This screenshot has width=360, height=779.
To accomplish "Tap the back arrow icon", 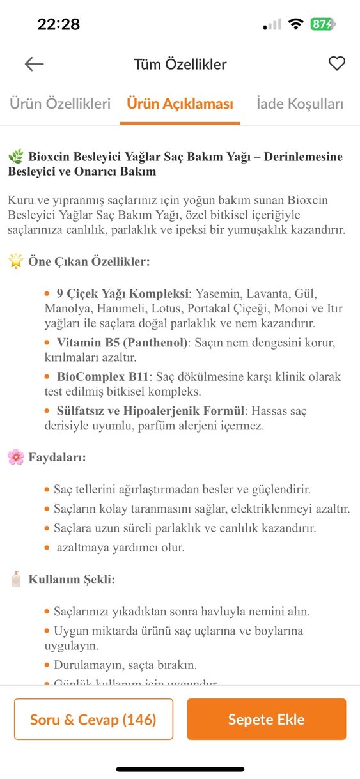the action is click(34, 64).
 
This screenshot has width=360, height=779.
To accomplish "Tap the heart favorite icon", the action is click(336, 64).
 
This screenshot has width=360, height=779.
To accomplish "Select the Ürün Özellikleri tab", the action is click(60, 104).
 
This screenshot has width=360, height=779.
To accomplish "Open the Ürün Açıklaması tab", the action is click(180, 104).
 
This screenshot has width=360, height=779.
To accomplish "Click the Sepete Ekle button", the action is click(266, 720).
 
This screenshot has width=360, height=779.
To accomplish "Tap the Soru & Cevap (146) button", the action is click(93, 720).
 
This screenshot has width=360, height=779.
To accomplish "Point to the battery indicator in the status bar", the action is click(322, 24).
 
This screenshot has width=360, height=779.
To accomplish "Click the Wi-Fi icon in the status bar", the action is click(295, 24).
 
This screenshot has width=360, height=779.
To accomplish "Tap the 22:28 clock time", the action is click(59, 24).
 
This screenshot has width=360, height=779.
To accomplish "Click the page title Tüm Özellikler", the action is click(180, 64).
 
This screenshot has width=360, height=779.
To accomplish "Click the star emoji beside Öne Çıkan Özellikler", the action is click(15, 262).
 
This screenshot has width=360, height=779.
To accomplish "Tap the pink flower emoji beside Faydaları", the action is click(15, 458).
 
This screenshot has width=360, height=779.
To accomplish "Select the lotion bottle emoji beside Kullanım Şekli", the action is click(15, 580).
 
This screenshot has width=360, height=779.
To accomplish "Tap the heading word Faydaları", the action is click(57, 458).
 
